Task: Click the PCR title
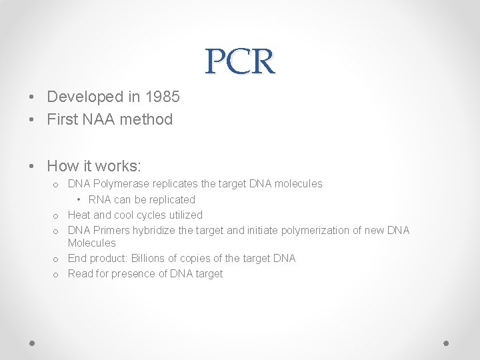click(x=240, y=61)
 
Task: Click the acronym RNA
click(x=99, y=199)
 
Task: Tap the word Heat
click(x=79, y=215)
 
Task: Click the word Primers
click(x=112, y=230)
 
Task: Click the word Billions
click(x=150, y=258)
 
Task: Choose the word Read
click(x=80, y=273)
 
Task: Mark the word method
click(x=148, y=119)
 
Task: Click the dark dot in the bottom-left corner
click(x=32, y=342)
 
